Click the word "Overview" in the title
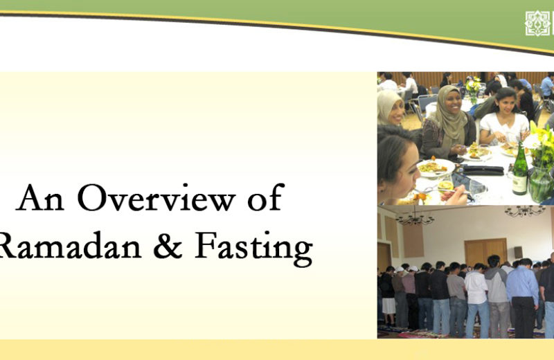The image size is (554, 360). coord(157,197)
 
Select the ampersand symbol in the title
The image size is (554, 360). coord(168,245)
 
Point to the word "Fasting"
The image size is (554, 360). coord(253,248)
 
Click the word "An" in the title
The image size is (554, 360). coord(40,198)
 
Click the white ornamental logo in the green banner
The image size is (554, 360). coord(537,24)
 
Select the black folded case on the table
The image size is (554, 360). coord(483,170)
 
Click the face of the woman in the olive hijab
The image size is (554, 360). coord(452,102)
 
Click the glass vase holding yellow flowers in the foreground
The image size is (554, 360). coord(541,183)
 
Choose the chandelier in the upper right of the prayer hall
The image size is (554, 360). coord(525,211)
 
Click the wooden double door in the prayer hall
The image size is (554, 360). coord(485,252)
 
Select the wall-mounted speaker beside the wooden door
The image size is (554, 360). coord(518,252)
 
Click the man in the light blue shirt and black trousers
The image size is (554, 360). coord(523,298)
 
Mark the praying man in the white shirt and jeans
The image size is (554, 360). coord(476,300)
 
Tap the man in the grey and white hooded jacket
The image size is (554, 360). coord(497,296)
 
